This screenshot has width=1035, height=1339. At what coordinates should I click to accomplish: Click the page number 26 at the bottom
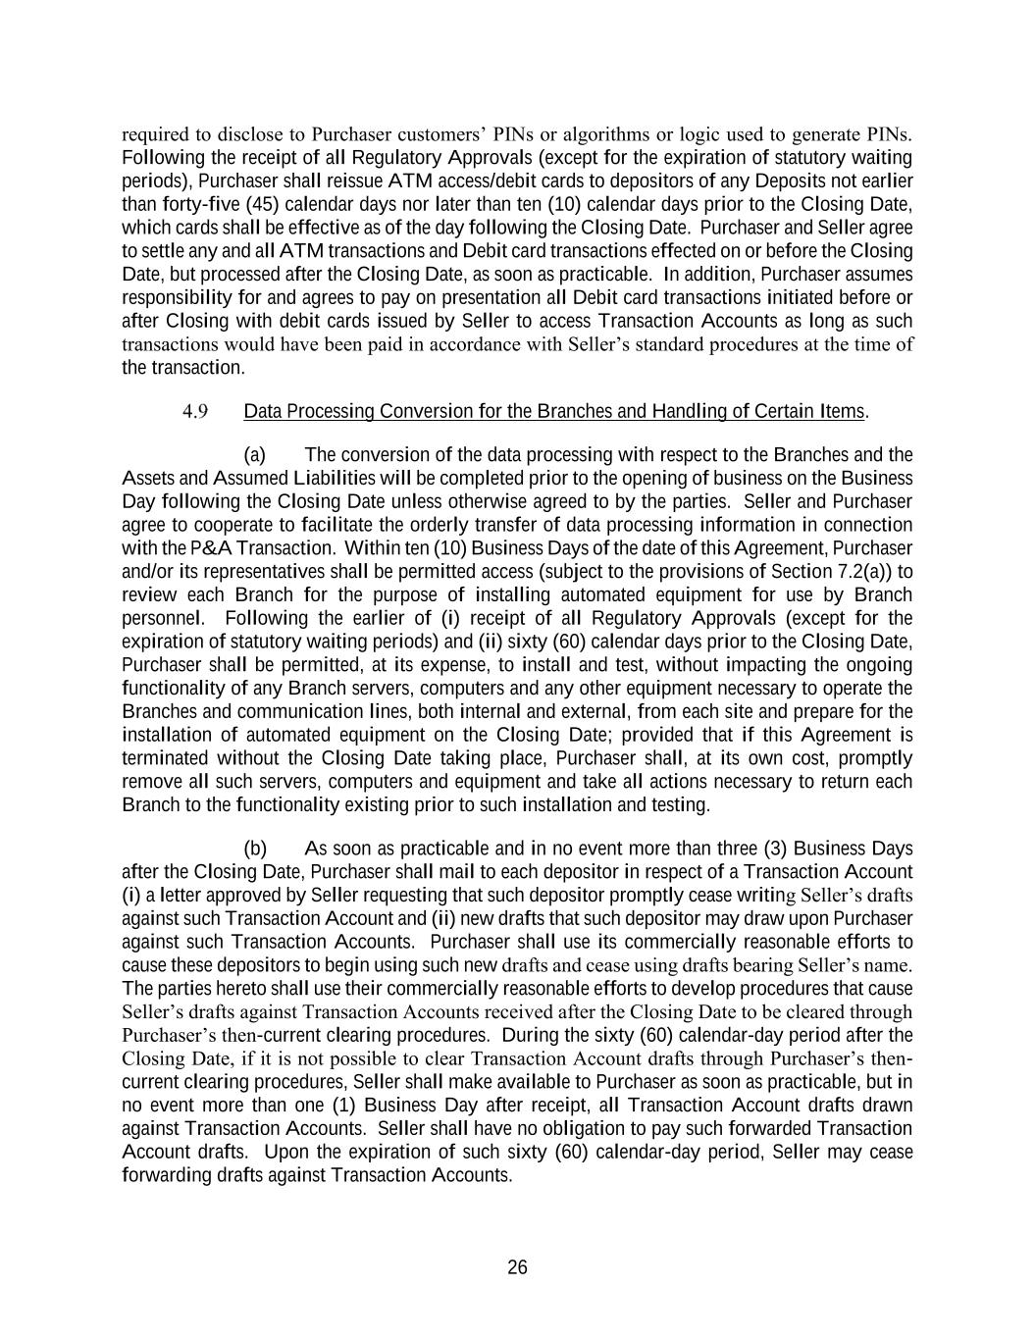[x=517, y=1267]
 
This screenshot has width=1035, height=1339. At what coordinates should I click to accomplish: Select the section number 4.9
[x=194, y=411]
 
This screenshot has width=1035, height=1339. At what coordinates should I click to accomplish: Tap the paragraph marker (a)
[x=255, y=455]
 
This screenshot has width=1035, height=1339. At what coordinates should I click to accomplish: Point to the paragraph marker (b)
[x=255, y=849]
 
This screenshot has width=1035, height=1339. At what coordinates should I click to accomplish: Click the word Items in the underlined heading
[x=842, y=411]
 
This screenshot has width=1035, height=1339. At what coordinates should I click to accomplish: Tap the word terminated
[x=165, y=758]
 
